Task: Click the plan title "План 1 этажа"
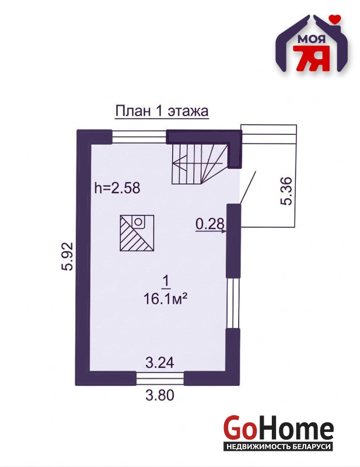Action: (162, 111)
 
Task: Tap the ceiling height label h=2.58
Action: (117, 188)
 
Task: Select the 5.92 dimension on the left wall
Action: (68, 256)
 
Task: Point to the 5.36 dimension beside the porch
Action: (286, 191)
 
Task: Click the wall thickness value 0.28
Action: (209, 224)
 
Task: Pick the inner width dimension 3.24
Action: (160, 363)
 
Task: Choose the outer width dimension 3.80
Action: (160, 395)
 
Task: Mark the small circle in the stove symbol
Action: (138, 222)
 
